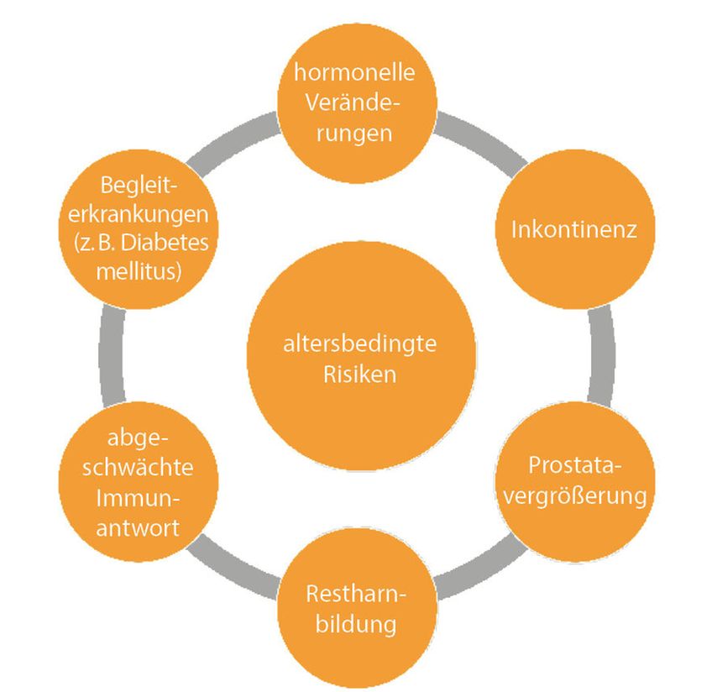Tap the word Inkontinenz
click(574, 229)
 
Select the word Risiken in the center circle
click(359, 375)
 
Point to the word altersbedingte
click(359, 345)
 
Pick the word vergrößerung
click(578, 495)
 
